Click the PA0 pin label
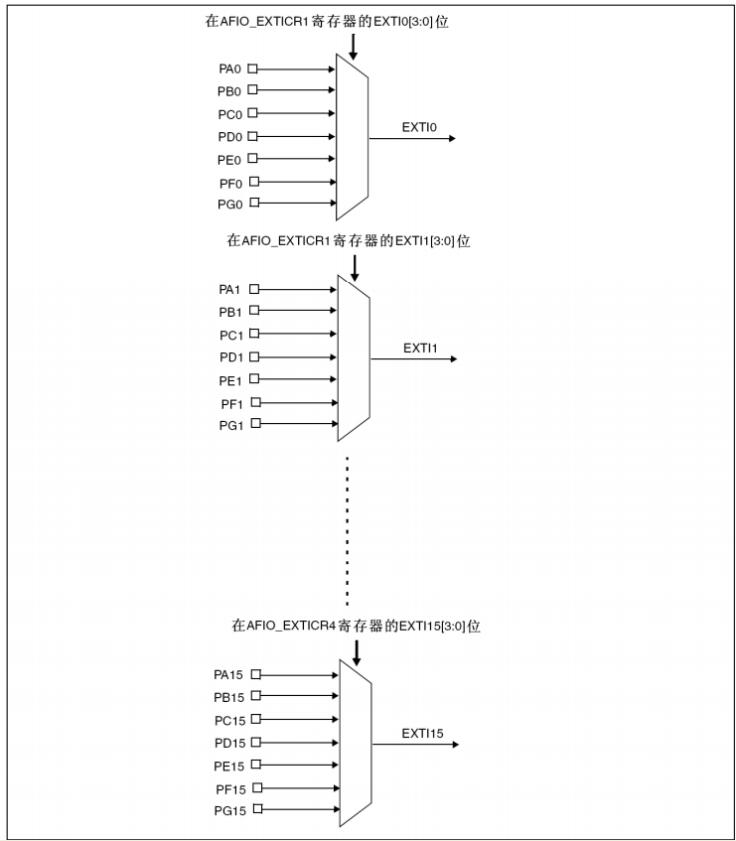(x=230, y=69)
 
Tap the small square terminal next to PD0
(x=252, y=136)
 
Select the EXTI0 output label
(x=419, y=127)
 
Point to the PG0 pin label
(x=230, y=205)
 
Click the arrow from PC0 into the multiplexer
(x=297, y=113)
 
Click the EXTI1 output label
(x=420, y=348)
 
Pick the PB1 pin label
(x=230, y=312)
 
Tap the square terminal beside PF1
(x=253, y=402)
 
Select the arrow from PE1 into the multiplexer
(x=297, y=379)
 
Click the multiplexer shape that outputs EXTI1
(x=355, y=357)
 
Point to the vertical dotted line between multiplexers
(x=347, y=531)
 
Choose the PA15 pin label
(x=228, y=674)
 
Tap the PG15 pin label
(x=228, y=810)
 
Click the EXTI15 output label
(x=422, y=734)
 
